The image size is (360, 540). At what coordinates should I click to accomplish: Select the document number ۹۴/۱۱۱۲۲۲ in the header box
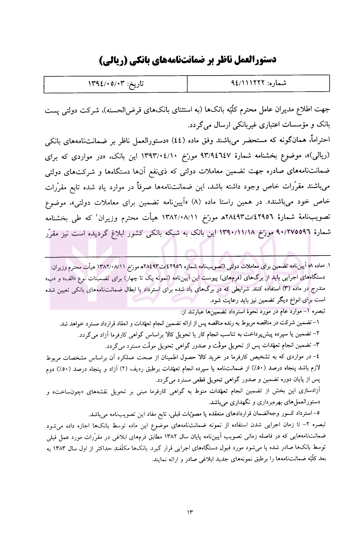click(x=247, y=83)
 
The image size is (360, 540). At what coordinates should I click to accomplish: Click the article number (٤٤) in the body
click(x=176, y=140)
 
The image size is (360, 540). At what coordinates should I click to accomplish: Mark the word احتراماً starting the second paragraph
click(x=318, y=140)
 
